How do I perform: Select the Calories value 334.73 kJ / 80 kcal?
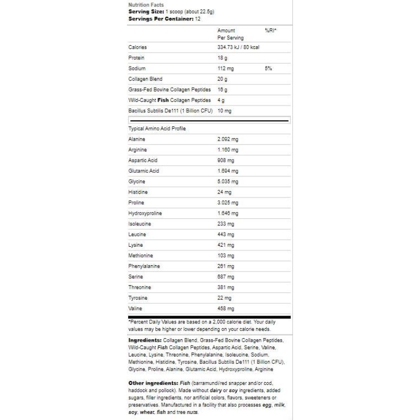pyautogui.click(x=238, y=47)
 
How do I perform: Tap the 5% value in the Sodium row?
pyautogui.click(x=268, y=68)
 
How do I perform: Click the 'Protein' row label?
pyautogui.click(x=136, y=58)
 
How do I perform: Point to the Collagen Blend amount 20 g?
pyautogui.click(x=223, y=79)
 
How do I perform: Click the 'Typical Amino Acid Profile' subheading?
pyautogui.click(x=157, y=129)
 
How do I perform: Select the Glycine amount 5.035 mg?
pyautogui.click(x=228, y=182)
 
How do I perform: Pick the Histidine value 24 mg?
pyautogui.click(x=224, y=192)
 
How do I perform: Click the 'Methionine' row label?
pyautogui.click(x=140, y=256)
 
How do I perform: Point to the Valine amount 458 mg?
pyautogui.click(x=226, y=309)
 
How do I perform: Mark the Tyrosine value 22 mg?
pyautogui.click(x=224, y=298)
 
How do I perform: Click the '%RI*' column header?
pyautogui.click(x=270, y=31)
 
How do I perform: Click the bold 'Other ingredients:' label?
pyautogui.click(x=153, y=383)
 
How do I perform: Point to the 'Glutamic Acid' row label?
pyautogui.click(x=143, y=171)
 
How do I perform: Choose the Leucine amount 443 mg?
pyautogui.click(x=226, y=234)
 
